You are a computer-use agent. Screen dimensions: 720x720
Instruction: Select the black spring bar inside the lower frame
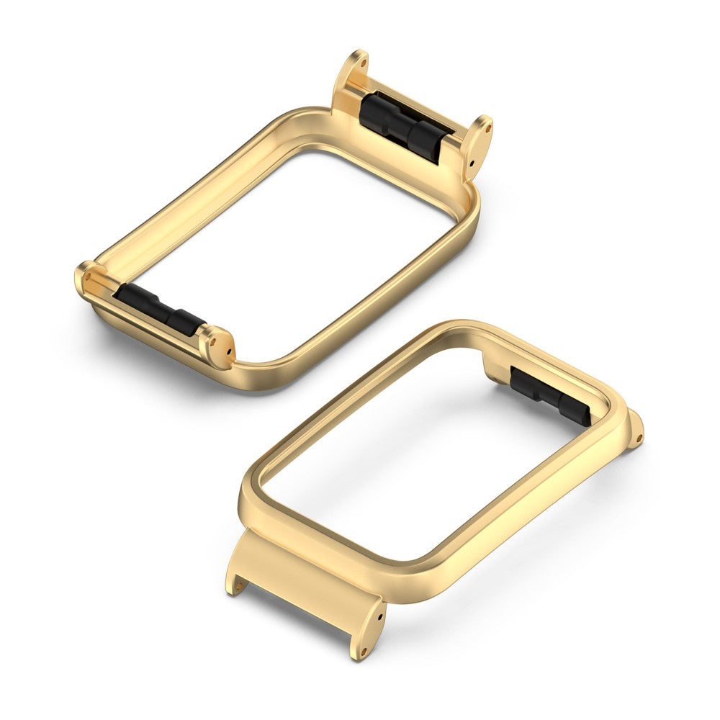(551, 395)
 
